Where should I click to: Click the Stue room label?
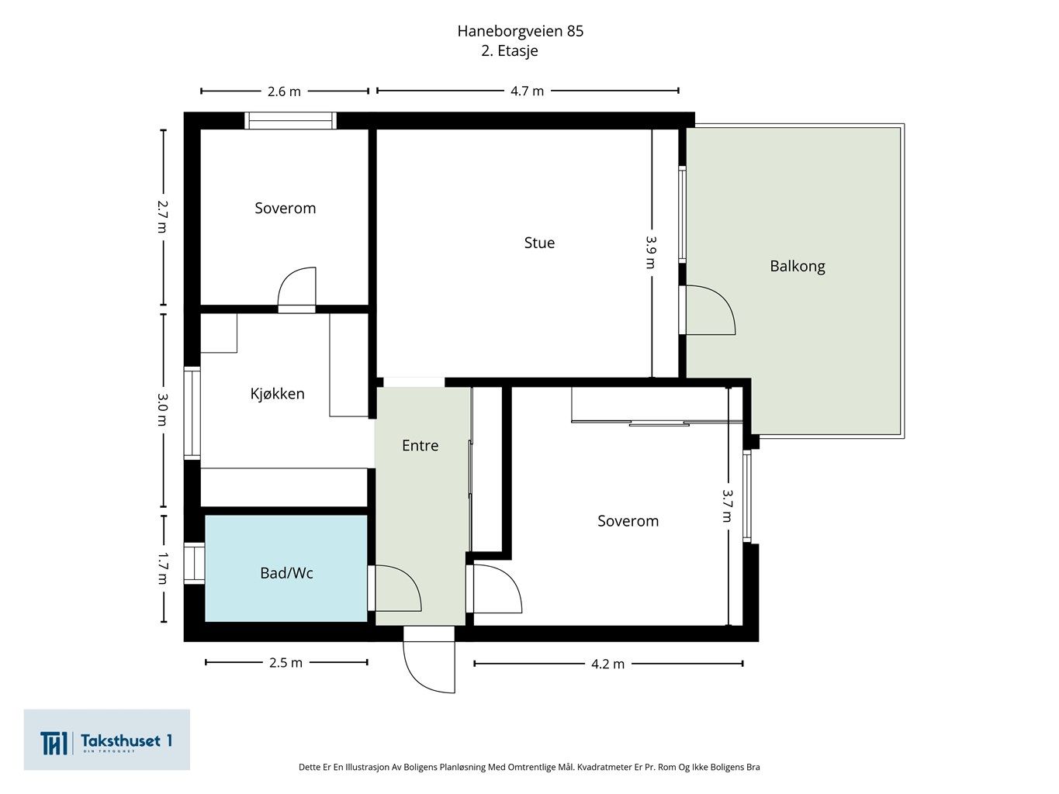click(539, 243)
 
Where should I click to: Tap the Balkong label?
click(797, 266)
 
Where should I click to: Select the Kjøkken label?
click(277, 393)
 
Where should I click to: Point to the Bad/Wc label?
click(286, 573)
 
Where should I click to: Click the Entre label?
click(420, 445)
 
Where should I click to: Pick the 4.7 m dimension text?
click(527, 91)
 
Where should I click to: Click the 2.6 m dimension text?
click(284, 91)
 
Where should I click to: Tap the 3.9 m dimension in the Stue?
click(652, 252)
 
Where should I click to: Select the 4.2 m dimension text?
click(608, 664)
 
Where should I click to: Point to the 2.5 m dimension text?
click(286, 662)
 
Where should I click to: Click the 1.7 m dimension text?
click(163, 569)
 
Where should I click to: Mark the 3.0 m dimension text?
click(163, 409)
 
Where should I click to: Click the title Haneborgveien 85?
click(520, 31)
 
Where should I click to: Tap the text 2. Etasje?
click(510, 50)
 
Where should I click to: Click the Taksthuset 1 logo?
click(106, 740)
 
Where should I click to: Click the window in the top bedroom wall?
click(290, 120)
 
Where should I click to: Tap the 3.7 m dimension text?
click(728, 506)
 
